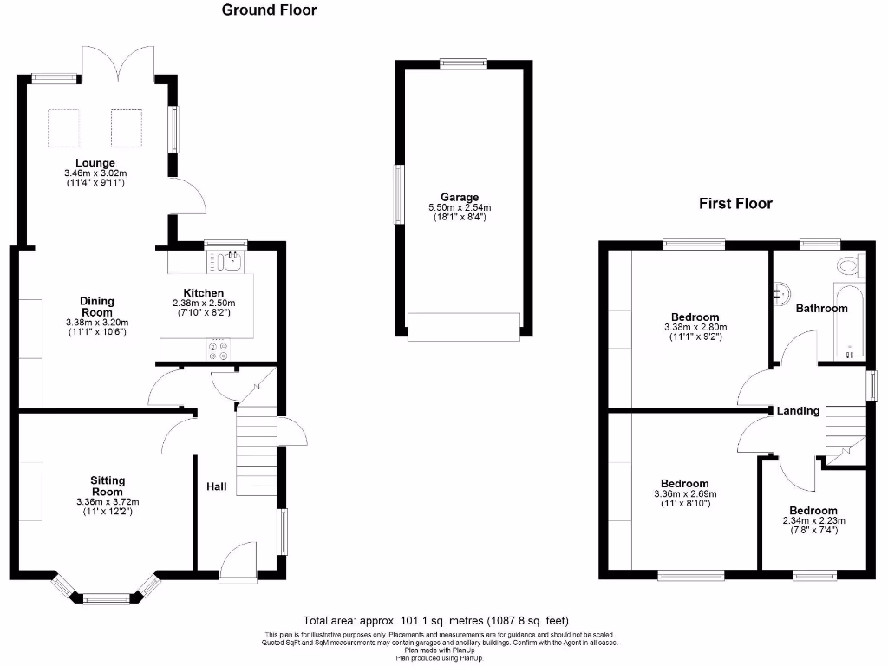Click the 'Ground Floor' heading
pyautogui.click(x=269, y=10)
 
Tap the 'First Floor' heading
pyautogui.click(x=735, y=204)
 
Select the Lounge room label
pyautogui.click(x=95, y=163)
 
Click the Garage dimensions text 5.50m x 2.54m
pyautogui.click(x=459, y=207)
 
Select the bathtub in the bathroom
pyautogui.click(x=847, y=321)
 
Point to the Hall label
pyautogui.click(x=216, y=486)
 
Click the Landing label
pyautogui.click(x=798, y=411)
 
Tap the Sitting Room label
pyautogui.click(x=108, y=486)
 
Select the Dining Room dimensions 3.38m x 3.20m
pyautogui.click(x=97, y=323)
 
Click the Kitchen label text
pyautogui.click(x=204, y=293)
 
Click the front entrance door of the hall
pyautogui.click(x=238, y=566)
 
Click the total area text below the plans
pyautogui.click(x=435, y=620)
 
